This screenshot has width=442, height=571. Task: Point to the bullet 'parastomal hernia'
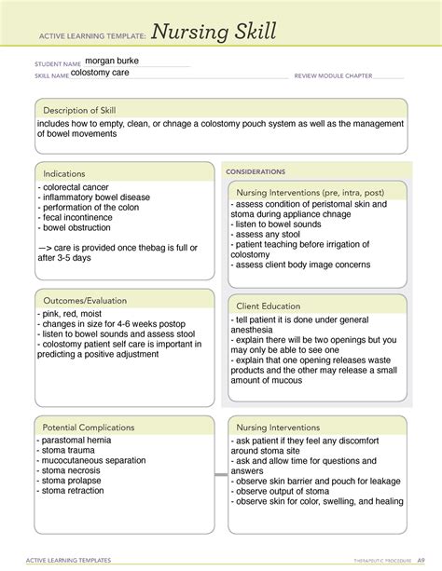tap(76, 440)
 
